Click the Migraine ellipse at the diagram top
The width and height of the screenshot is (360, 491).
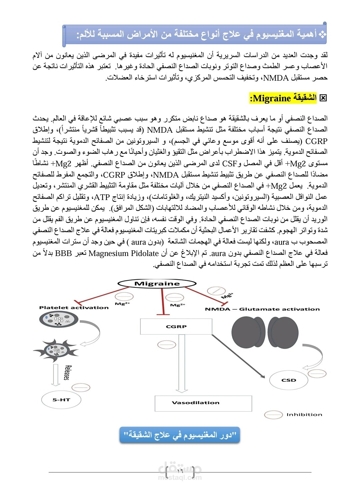(x=157, y=284)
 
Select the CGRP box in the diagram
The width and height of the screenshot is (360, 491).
(x=176, y=327)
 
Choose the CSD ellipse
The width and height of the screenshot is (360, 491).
(x=289, y=380)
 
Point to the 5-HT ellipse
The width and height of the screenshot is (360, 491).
(x=61, y=400)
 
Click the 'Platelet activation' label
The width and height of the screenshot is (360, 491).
(x=74, y=308)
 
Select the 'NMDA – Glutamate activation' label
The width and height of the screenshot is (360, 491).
(x=262, y=309)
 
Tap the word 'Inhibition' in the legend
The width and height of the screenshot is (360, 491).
(x=304, y=415)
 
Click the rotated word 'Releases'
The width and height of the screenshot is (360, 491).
(x=67, y=373)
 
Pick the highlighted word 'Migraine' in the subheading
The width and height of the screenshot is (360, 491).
(x=272, y=98)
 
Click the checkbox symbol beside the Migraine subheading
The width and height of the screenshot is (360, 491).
(x=323, y=98)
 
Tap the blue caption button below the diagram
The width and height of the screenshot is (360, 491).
(x=180, y=435)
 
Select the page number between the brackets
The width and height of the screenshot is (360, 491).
(x=180, y=471)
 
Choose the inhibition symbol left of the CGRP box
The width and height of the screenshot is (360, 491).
(x=164, y=345)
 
